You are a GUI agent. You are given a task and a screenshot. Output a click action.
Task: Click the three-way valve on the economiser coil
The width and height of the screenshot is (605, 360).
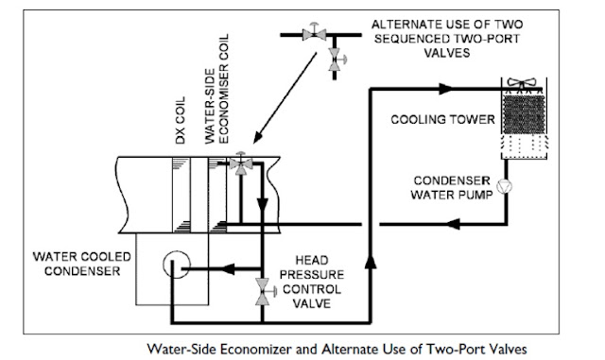(241, 163)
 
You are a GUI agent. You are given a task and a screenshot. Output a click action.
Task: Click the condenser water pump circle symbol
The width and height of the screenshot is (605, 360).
(504, 185)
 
